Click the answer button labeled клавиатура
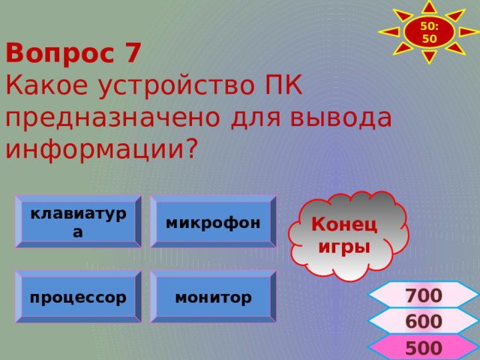click(x=78, y=222)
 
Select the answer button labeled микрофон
click(x=213, y=222)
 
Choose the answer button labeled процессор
click(x=78, y=297)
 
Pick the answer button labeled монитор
click(x=213, y=297)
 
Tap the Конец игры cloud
click(x=345, y=235)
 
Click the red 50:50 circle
click(x=429, y=32)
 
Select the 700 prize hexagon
click(x=423, y=295)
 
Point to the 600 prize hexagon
click(x=423, y=322)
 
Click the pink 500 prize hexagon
click(x=423, y=348)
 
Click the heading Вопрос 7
click(x=73, y=53)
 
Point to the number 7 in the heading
click(x=132, y=53)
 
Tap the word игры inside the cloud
click(x=344, y=246)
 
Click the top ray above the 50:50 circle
click(x=429, y=7)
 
